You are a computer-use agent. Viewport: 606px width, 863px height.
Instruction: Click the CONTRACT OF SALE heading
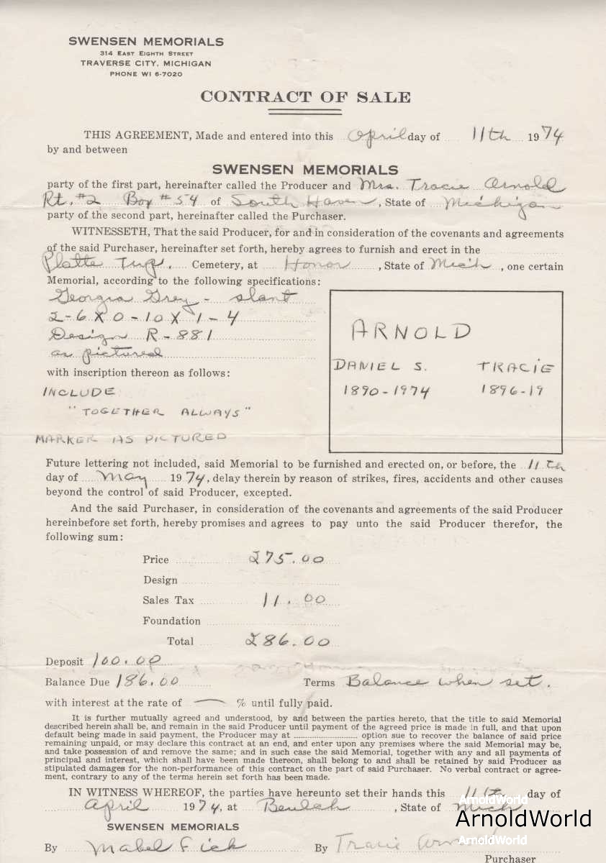click(x=305, y=97)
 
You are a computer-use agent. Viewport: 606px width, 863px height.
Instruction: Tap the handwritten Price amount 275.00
click(x=285, y=558)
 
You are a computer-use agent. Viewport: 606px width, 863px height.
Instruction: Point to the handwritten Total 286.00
click(x=288, y=641)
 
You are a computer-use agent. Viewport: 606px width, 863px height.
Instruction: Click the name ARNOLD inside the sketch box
click(x=411, y=332)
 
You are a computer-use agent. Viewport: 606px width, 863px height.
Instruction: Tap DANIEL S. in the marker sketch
click(x=380, y=366)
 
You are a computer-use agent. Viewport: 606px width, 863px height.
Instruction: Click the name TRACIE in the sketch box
click(x=516, y=367)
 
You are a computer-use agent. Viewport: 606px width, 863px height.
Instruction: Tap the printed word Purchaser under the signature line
click(x=510, y=858)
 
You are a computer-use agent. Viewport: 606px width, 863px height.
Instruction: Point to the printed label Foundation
click(x=171, y=621)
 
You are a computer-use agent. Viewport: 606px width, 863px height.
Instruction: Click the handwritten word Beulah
click(x=317, y=805)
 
